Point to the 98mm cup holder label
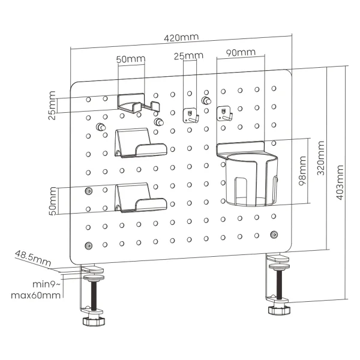tap(303, 175)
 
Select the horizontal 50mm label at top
tap(131, 59)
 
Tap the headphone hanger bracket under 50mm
tap(138, 103)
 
